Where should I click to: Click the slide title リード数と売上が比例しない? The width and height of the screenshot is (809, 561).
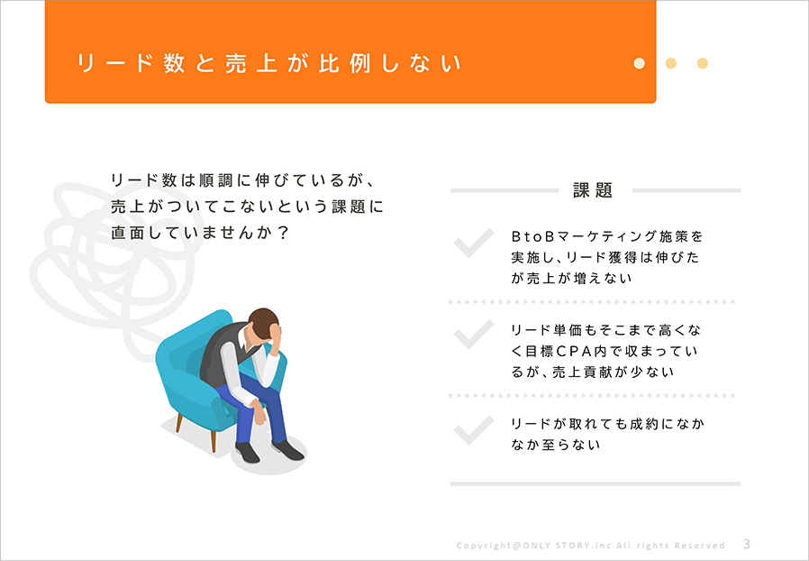click(x=268, y=63)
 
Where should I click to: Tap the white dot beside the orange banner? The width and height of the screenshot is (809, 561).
click(x=640, y=63)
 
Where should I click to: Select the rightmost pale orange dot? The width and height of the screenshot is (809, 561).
click(x=702, y=63)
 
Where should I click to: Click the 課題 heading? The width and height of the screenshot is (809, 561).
click(x=594, y=190)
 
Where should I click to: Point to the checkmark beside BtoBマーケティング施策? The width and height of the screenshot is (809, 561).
click(x=474, y=243)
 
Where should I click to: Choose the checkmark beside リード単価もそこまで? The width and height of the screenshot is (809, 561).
click(x=474, y=335)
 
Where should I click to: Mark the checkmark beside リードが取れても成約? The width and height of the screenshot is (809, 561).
click(x=474, y=430)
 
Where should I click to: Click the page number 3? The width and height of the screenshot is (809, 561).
click(x=747, y=544)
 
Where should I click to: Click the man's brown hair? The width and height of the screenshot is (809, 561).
click(x=263, y=323)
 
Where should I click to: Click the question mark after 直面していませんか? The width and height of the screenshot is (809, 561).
click(x=282, y=233)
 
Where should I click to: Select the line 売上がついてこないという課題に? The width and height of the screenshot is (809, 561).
click(x=247, y=207)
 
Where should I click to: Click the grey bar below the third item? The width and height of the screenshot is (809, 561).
click(x=595, y=484)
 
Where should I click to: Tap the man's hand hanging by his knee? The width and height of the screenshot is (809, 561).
click(x=259, y=413)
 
